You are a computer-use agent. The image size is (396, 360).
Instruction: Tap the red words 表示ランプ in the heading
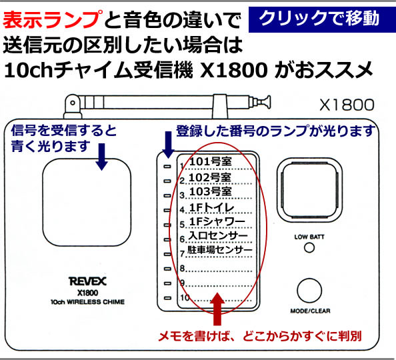click(53, 19)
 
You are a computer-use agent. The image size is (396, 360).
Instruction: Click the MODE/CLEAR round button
click(309, 291)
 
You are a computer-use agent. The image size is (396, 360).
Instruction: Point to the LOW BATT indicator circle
click(309, 247)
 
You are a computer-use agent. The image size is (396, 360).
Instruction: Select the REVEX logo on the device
click(87, 281)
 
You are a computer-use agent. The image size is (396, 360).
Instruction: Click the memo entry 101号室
click(211, 162)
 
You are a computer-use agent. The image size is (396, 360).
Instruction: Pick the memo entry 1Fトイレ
click(211, 207)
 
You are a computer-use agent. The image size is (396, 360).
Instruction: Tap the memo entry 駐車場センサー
click(220, 250)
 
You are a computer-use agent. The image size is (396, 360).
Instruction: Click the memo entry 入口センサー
click(218, 235)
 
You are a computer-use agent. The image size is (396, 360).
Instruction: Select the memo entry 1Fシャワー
click(217, 221)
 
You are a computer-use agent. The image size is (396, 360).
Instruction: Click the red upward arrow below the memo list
click(217, 309)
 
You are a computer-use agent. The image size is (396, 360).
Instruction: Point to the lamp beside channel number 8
click(167, 269)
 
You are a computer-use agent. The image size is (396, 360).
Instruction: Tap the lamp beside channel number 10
click(167, 298)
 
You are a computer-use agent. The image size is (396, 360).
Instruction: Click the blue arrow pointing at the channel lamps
click(168, 145)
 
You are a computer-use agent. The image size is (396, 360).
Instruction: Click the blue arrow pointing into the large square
click(101, 157)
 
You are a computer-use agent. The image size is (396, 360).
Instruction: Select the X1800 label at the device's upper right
click(347, 105)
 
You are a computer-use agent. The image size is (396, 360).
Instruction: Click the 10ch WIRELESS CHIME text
click(87, 302)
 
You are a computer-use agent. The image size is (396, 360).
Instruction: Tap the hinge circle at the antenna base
click(73, 103)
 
